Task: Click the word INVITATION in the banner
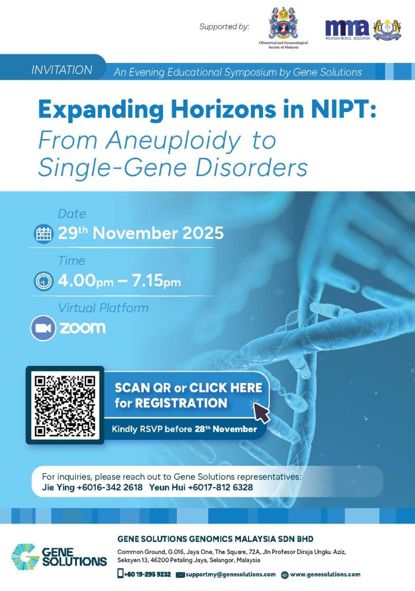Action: pos(62,70)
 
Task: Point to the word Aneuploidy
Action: pos(173,141)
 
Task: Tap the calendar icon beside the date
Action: pos(43,234)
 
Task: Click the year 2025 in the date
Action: pos(203,233)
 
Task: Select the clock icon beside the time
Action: pos(43,281)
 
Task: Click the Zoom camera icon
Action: pos(43,328)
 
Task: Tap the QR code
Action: pos(65,405)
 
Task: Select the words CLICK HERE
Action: pos(225,388)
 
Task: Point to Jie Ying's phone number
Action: pos(109,487)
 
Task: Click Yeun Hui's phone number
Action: pos(220,487)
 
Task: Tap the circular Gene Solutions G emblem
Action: pos(25,556)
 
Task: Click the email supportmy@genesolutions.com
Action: pos(231,574)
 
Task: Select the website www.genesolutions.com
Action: pos(325,574)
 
